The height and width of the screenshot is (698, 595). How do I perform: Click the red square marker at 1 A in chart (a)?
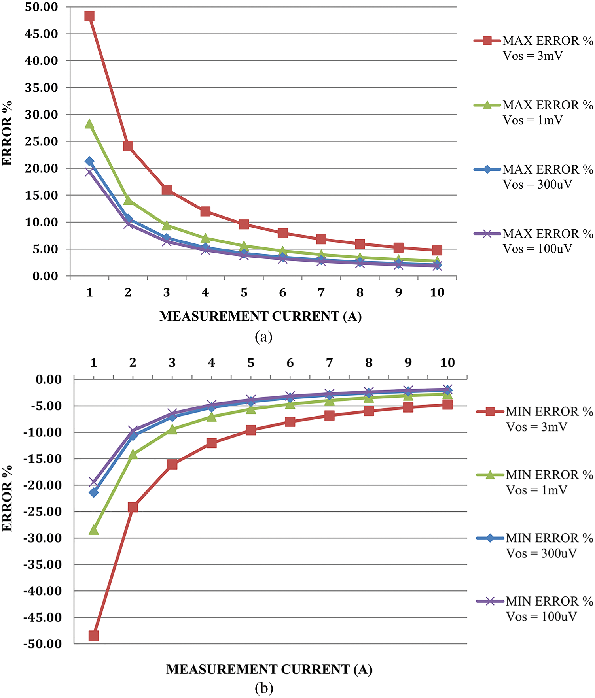click(89, 16)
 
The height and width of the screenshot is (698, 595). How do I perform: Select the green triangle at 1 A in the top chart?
click(89, 124)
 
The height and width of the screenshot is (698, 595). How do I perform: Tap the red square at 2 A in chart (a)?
click(128, 146)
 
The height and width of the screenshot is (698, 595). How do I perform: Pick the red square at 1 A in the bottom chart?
click(93, 635)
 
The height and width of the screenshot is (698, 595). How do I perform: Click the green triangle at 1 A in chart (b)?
click(93, 530)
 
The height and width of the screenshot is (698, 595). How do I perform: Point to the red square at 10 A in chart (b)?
click(447, 404)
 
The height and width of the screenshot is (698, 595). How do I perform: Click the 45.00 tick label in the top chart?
click(42, 34)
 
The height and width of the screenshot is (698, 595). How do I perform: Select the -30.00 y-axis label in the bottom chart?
click(43, 538)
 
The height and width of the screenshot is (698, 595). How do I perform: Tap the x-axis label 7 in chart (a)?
click(321, 292)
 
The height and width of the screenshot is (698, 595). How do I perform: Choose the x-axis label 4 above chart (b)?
click(211, 363)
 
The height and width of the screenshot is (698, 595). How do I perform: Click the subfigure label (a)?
click(264, 337)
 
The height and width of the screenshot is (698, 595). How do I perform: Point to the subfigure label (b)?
click(264, 689)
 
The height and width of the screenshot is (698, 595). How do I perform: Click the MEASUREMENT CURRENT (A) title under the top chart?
click(260, 316)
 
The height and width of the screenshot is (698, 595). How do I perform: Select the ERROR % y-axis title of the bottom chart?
click(8, 498)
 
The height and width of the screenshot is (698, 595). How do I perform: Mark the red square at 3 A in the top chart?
click(167, 190)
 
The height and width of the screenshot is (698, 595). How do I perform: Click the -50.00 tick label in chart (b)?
click(43, 644)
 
